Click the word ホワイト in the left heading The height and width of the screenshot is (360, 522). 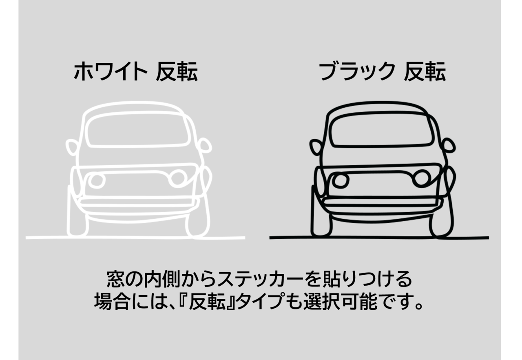(x=110, y=72)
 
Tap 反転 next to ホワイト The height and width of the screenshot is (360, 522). (x=177, y=72)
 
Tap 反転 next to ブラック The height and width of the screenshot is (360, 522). (x=425, y=72)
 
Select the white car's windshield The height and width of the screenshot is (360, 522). (x=138, y=130)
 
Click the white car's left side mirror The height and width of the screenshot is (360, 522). (x=72, y=147)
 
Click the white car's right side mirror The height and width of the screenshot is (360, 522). (x=204, y=145)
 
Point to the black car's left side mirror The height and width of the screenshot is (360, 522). (x=315, y=147)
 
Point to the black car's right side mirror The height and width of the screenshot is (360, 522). (x=448, y=145)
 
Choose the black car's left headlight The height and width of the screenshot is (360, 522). (x=341, y=180)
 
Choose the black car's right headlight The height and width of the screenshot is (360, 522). (x=422, y=178)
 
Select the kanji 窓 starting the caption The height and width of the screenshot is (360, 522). (x=115, y=280)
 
